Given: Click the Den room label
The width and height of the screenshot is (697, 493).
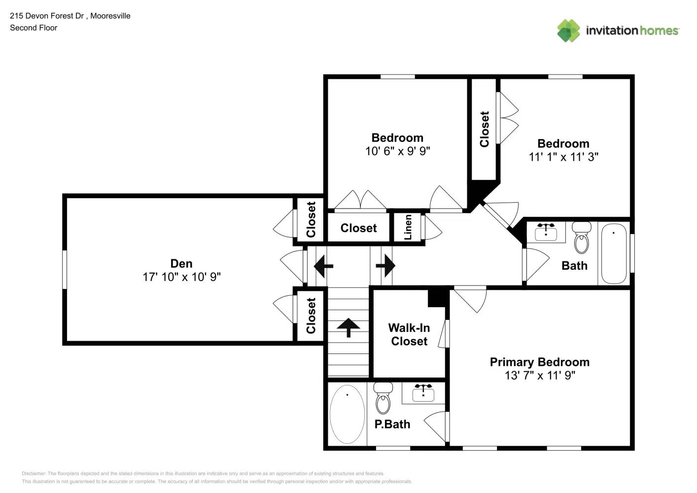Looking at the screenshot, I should [181, 264].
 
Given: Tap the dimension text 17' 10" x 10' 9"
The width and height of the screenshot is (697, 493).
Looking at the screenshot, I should [181, 277].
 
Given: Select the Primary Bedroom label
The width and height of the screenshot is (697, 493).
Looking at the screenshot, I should [539, 362].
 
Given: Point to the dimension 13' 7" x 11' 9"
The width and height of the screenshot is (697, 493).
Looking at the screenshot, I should [539, 376].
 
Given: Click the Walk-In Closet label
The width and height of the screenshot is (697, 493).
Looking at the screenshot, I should [409, 335].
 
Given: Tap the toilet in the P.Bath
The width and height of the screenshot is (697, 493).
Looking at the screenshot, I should [383, 399].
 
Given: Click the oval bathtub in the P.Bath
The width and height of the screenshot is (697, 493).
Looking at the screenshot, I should [347, 414].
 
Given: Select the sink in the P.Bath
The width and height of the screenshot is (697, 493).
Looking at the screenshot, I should [423, 392].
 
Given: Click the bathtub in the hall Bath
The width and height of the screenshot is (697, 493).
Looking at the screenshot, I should [614, 253].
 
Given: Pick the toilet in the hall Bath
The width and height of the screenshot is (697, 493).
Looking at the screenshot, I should [582, 239].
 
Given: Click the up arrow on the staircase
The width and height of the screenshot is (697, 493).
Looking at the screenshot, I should [348, 327].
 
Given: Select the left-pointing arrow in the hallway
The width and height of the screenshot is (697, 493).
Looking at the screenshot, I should [323, 266].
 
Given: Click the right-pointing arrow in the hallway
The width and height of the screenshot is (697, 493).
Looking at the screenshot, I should [385, 266].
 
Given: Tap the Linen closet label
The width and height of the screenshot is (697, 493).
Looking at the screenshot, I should [408, 227].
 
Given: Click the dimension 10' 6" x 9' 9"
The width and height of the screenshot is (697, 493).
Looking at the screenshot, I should [397, 151].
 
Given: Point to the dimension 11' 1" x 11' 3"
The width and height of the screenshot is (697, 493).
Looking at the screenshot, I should [563, 157].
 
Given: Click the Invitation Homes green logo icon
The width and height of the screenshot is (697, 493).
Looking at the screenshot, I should [568, 31].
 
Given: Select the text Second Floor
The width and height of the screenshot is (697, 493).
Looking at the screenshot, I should [34, 28].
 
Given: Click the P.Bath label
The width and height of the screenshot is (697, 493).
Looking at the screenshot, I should [392, 424].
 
